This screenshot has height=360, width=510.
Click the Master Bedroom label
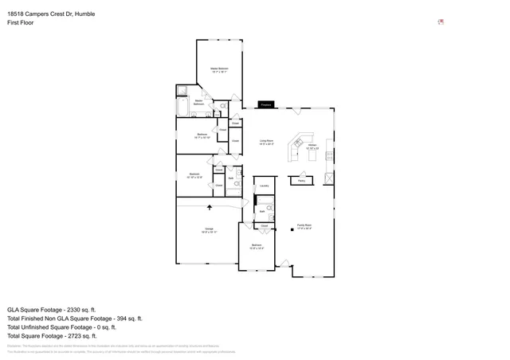pos(219,70)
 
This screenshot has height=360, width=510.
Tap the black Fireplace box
pos(266,104)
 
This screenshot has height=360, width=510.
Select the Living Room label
pos(266,143)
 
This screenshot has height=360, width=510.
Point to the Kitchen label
pos(313,147)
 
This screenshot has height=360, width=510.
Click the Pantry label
pos(302,181)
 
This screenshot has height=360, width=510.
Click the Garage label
pos(209,230)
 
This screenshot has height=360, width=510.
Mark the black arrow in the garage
pos(210,207)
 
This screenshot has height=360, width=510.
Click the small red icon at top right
pos(440,22)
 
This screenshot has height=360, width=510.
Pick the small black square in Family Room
pos(292,230)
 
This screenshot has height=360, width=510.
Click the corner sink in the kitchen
pos(300,136)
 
